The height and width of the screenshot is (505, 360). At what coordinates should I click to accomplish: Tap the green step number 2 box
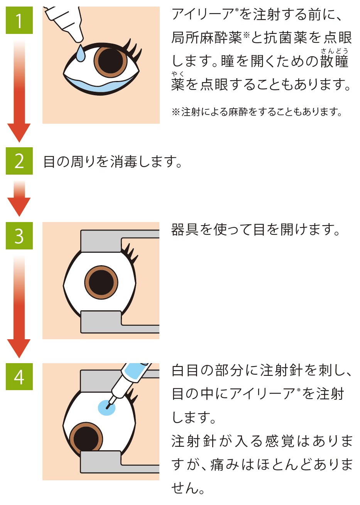click(19, 161)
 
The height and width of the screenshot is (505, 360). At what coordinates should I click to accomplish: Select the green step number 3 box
click(19, 236)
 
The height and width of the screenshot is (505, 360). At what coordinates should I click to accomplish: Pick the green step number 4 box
click(19, 377)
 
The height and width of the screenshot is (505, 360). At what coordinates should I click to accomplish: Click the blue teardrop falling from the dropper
click(80, 54)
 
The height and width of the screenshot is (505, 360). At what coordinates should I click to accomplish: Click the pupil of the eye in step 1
click(110, 61)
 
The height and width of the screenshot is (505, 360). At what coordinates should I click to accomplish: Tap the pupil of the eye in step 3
click(101, 282)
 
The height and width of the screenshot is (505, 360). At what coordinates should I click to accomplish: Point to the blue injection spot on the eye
click(107, 407)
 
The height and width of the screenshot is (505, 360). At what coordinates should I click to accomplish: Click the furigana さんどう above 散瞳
click(334, 51)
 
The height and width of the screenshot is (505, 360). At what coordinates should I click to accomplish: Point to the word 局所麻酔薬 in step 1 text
click(206, 38)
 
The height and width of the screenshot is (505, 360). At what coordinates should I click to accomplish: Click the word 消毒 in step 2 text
click(123, 162)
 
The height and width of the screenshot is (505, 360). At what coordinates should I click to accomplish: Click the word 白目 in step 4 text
click(185, 370)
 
